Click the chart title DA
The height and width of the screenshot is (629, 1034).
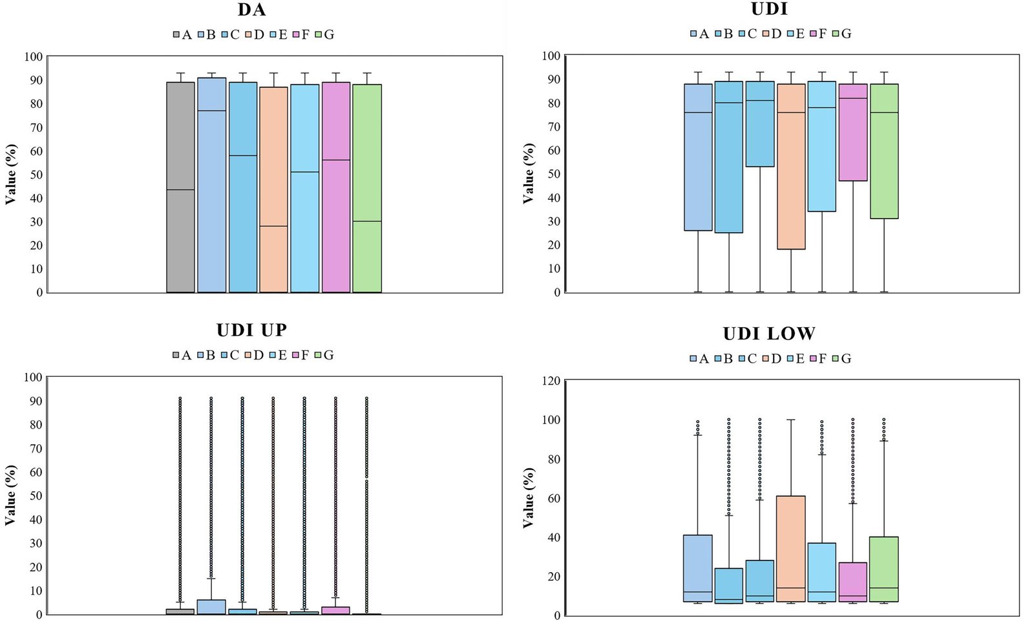pos(251,10)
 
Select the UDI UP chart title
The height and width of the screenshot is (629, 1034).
pos(251,330)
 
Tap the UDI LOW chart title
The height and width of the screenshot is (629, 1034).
pos(769,334)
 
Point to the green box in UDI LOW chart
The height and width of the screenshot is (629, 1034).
pos(884,569)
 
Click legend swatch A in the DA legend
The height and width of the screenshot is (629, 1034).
pos(176,35)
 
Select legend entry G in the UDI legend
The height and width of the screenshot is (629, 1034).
pos(841,34)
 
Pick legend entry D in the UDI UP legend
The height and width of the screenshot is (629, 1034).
pos(254,355)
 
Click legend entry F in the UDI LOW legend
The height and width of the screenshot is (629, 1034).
pos(818,358)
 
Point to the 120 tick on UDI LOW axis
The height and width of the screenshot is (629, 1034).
pos(551,381)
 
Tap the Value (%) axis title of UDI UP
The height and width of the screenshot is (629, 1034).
pos(10,495)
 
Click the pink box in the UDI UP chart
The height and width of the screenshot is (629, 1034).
pos(335,610)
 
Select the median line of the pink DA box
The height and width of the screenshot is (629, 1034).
pos(336,160)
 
